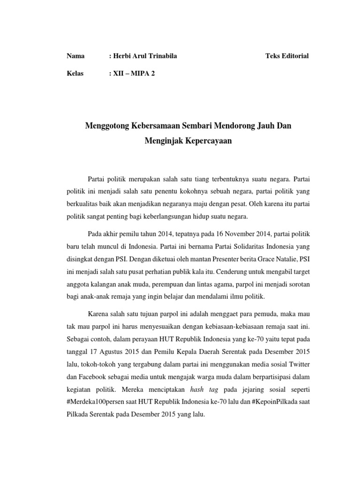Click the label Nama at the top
[x=75, y=56]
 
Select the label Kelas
[x=75, y=74]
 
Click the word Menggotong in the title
[x=107, y=125]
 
